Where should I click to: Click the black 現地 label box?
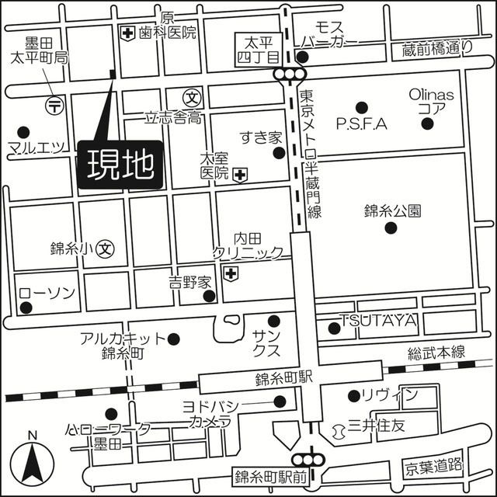(120, 165)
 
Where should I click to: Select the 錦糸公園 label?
(391, 210)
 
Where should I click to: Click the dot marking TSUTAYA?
(335, 328)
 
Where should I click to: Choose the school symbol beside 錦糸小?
(106, 248)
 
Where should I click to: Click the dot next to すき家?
(279, 153)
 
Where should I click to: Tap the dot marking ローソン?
(26, 308)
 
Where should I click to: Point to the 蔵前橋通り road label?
(437, 48)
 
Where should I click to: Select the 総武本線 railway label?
(437, 352)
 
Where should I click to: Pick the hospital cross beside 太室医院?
(241, 175)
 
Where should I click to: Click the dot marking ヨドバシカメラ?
(280, 401)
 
